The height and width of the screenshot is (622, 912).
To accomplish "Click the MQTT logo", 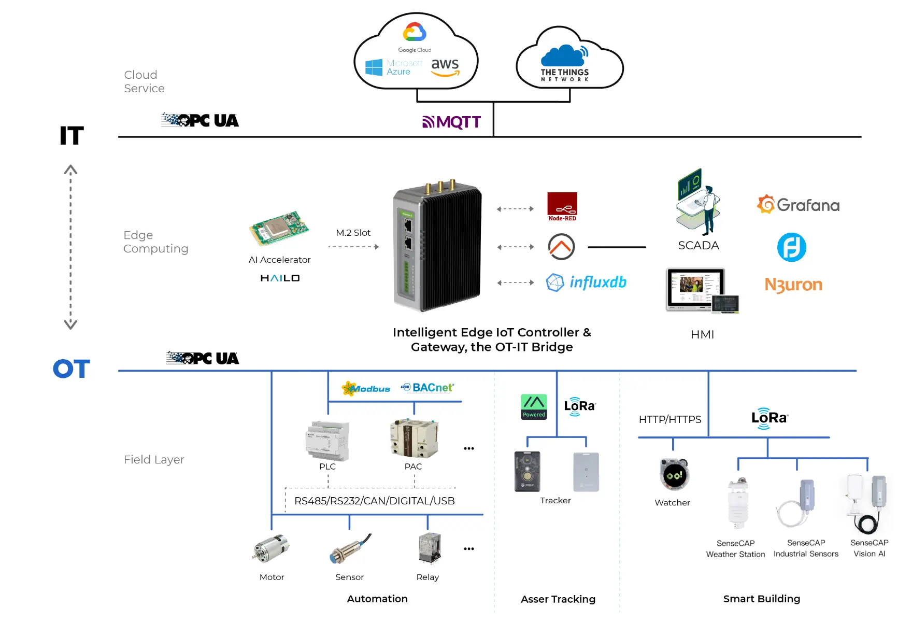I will [x=452, y=122].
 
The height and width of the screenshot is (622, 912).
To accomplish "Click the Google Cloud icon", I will [x=415, y=33].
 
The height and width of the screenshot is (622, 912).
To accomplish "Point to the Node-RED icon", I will [x=562, y=206].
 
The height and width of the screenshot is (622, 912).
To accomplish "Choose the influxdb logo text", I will [x=598, y=282].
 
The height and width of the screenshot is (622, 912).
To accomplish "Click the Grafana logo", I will [x=798, y=205].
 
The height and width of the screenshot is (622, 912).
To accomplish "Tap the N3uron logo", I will [x=793, y=285].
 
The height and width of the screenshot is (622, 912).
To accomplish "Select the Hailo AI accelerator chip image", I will [x=279, y=228].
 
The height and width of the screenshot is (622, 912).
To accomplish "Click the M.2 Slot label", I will [x=353, y=233].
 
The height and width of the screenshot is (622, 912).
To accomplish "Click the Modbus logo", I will [x=366, y=388].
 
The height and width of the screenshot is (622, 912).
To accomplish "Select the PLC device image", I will [x=327, y=441].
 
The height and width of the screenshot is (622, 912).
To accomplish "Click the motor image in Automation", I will [x=271, y=548].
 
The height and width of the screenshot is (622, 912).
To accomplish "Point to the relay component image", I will [x=429, y=548].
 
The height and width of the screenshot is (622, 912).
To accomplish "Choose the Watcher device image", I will [x=674, y=474].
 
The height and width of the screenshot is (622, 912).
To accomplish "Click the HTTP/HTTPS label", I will [x=670, y=419].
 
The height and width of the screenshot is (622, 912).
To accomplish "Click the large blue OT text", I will [x=72, y=369].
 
